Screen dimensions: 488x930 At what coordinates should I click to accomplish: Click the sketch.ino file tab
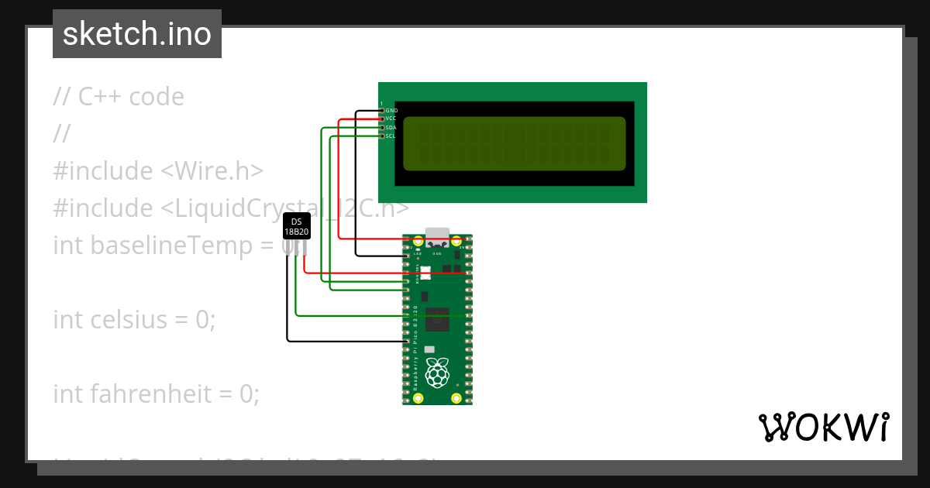point(137,34)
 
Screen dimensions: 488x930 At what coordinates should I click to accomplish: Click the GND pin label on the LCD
point(391,111)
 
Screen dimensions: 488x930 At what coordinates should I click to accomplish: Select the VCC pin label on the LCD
point(391,119)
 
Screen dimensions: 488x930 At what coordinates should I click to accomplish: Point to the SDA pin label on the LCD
point(391,127)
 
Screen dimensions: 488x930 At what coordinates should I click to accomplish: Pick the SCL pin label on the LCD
point(391,136)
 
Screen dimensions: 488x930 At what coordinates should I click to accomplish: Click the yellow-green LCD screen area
point(515,143)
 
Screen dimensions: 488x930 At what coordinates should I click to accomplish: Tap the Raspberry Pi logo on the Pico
point(438,373)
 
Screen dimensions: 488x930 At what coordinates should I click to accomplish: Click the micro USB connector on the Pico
point(438,235)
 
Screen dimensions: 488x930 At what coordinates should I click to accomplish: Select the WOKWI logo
point(824,427)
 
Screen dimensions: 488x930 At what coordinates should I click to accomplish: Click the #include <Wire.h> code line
point(159,170)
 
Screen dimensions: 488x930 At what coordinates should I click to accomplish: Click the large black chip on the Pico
point(437,319)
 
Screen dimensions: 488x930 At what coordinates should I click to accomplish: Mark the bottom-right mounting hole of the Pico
point(456,398)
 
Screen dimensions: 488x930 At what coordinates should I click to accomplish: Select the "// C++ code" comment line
point(119,97)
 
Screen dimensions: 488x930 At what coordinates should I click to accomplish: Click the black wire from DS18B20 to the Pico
point(287,310)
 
